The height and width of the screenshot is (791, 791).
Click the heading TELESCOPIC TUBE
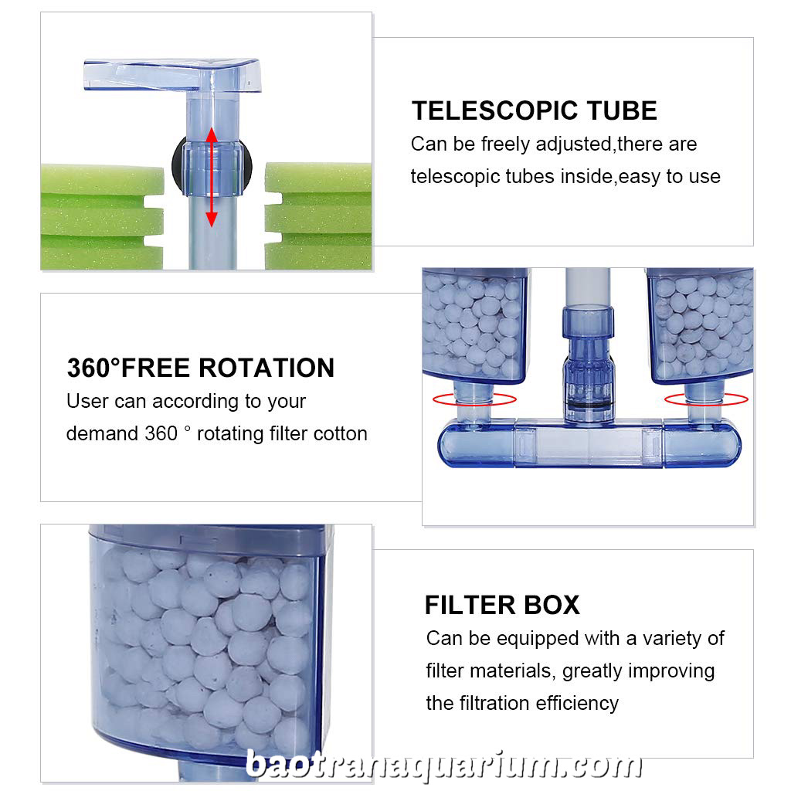point(535,110)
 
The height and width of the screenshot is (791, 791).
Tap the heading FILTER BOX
point(502,605)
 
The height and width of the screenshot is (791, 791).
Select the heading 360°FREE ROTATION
point(201,368)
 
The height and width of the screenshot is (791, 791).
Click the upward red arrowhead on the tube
point(212,134)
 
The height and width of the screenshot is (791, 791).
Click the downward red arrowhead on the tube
point(212,219)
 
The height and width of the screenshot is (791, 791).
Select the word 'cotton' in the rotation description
point(340,434)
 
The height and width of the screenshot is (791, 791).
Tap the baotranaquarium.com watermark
point(444,766)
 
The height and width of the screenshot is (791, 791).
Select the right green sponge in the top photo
point(319,216)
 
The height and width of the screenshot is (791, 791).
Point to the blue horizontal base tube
point(589,444)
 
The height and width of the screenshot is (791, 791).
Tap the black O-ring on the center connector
point(589,405)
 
